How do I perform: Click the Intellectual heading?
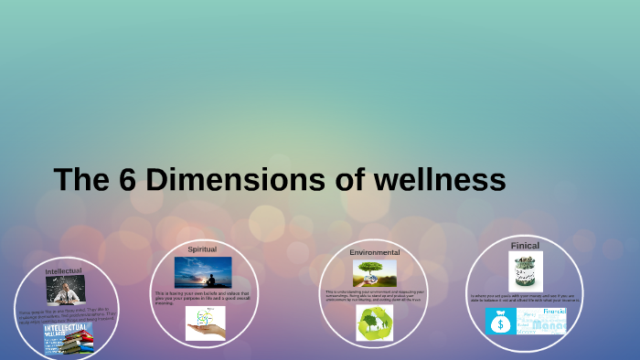pos(63,271)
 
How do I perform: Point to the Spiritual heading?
pos(202,249)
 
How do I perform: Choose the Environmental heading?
pos(374,251)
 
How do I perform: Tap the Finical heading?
pos(525,245)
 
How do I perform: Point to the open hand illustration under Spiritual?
pos(205,323)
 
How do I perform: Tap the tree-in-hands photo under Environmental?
pos(375,272)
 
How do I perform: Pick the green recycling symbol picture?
pos(374,323)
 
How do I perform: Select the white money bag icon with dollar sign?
pos(501,321)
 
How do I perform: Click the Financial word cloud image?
pos(541,321)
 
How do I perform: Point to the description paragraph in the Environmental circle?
pos(374,295)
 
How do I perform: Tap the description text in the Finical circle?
pos(525,298)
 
